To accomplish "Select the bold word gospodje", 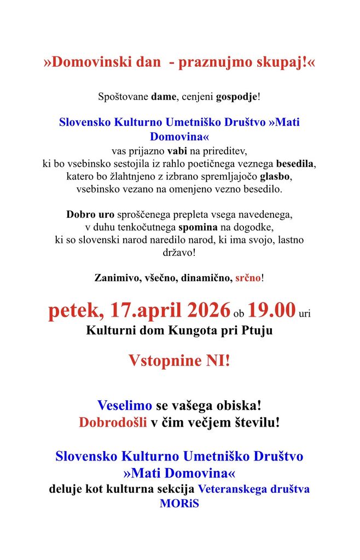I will [237, 97].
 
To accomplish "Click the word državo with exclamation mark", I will [179, 252].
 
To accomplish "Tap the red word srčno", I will [248, 278].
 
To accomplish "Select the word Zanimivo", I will [117, 278].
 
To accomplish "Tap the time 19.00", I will [271, 311].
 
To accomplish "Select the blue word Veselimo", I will [125, 406].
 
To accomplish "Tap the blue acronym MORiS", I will [179, 503].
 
